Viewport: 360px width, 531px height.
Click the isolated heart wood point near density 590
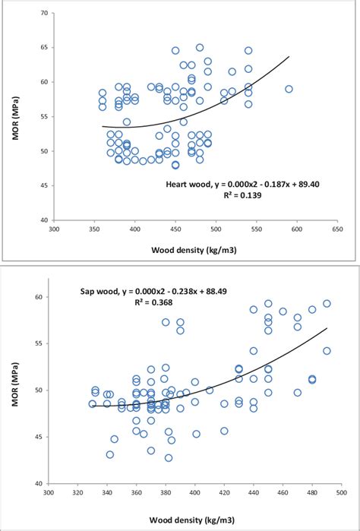coord(289,89)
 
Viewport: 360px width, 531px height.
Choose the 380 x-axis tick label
coord(166,491)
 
